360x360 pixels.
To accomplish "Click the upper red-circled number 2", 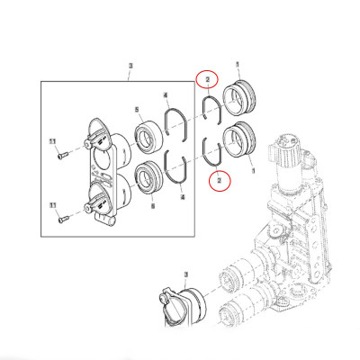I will pos(208,80).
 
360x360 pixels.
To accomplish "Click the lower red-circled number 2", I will pos(217,181).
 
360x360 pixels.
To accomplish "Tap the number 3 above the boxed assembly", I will pos(131,66).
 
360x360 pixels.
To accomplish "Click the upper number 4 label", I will pos(166,94).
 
